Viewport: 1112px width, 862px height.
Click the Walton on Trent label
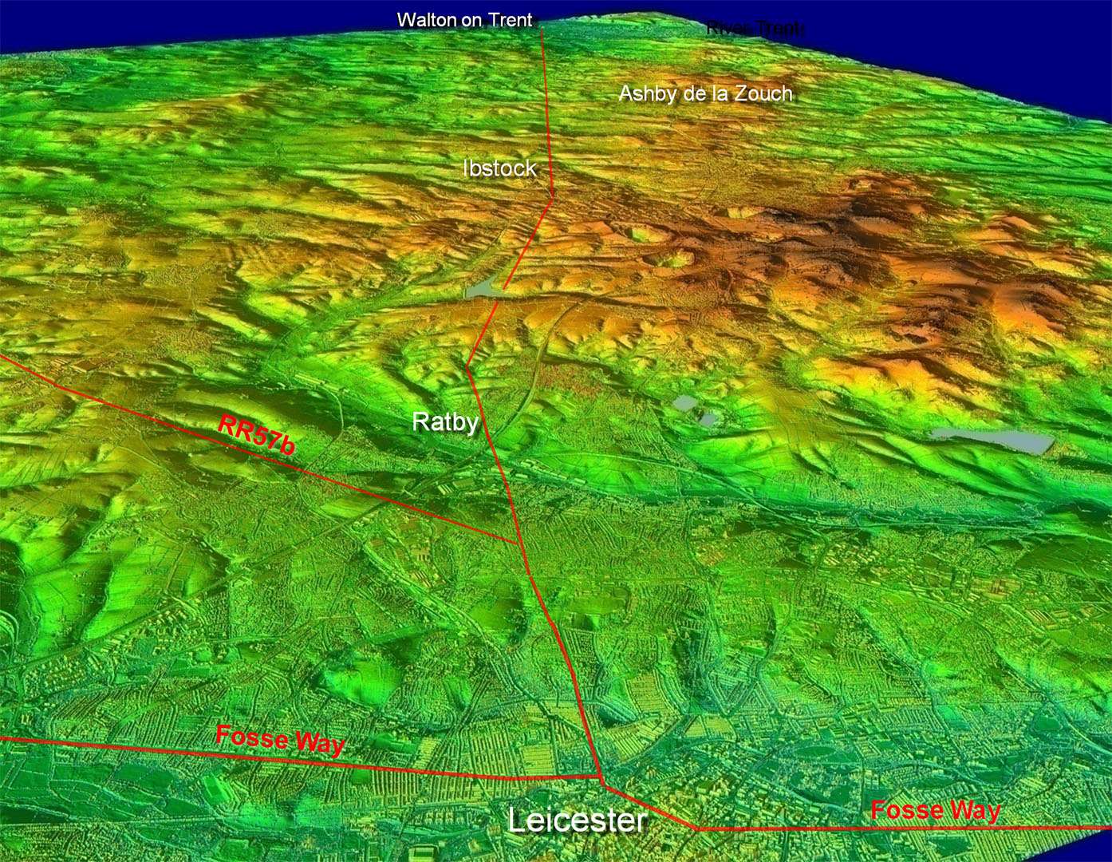464,20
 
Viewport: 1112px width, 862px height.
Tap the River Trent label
754,29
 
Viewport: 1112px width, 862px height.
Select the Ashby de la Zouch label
706,93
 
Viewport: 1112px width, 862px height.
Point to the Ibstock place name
499,168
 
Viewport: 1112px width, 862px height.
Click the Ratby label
445,421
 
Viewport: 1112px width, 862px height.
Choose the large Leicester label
577,820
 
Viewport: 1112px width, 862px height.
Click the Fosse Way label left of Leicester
280,739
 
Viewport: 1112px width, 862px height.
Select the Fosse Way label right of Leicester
935,811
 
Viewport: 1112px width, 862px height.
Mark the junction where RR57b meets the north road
519,544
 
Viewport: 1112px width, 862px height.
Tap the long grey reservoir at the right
991,440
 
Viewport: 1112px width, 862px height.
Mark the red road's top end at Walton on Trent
542,28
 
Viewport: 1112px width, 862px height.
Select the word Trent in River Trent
779,29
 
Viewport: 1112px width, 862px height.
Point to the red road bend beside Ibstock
552,196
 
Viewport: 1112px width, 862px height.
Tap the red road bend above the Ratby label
467,366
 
